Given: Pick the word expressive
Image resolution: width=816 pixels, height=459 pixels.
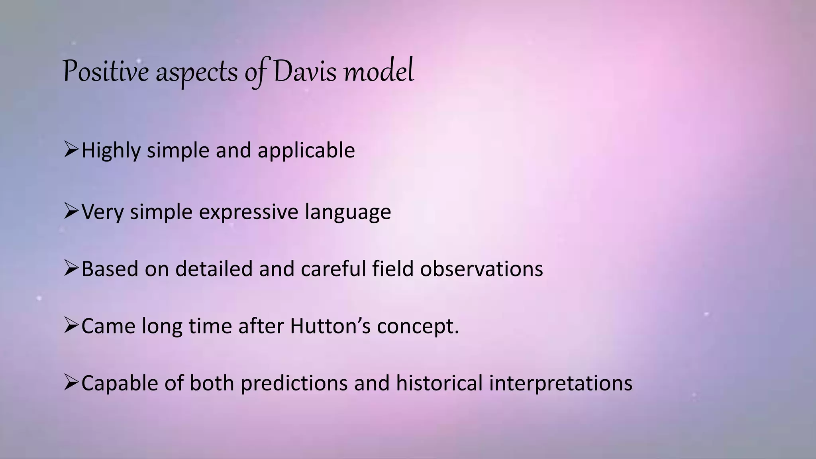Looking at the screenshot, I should tap(248, 212).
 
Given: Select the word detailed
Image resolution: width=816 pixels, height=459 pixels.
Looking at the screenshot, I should tap(214, 269).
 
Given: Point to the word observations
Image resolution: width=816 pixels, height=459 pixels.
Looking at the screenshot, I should tap(481, 269).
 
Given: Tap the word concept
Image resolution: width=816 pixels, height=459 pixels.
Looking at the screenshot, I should tap(418, 327).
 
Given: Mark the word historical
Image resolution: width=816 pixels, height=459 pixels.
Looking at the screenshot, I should tap(439, 383).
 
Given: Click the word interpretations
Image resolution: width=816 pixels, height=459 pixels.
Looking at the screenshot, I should tap(560, 383).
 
